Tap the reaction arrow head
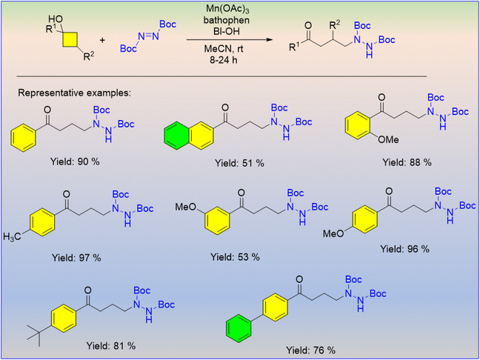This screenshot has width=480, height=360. tap(269, 40)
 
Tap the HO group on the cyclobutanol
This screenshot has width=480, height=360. tap(55, 20)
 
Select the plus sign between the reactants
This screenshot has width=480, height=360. tap(102, 40)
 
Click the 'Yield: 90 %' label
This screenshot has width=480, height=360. tap(76, 161)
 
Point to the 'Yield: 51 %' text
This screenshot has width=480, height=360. tap(240, 164)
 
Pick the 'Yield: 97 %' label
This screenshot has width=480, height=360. tap(77, 258)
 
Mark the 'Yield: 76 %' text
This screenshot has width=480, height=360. tap(310, 350)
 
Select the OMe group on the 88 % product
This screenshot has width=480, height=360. tap(388, 140)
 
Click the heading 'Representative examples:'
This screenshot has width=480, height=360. tap(74, 93)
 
